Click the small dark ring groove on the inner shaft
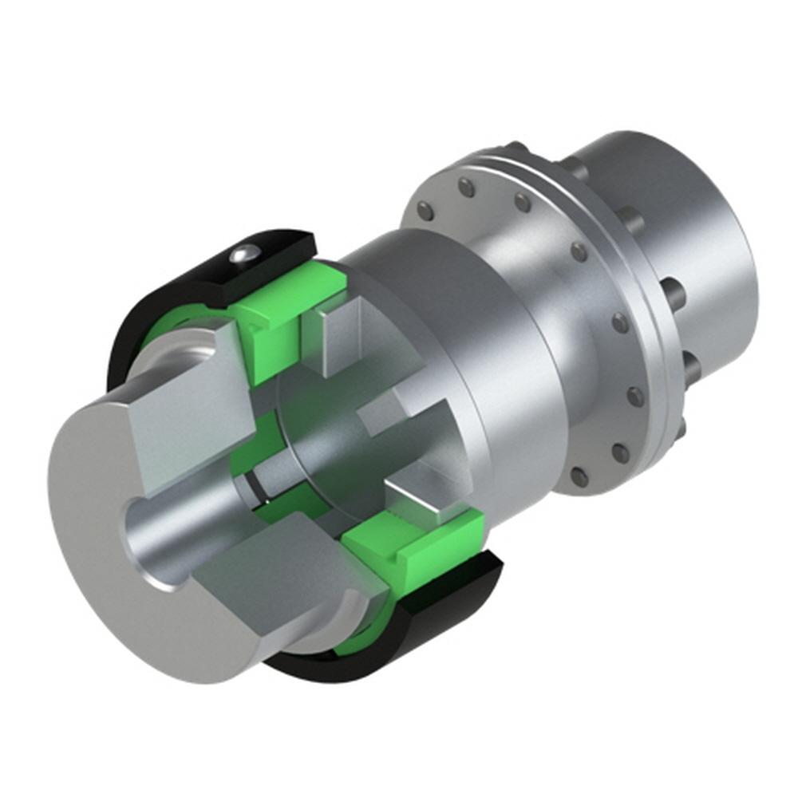pos(254,486)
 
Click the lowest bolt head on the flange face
pos(579,477)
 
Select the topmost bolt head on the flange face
pos(467,188)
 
